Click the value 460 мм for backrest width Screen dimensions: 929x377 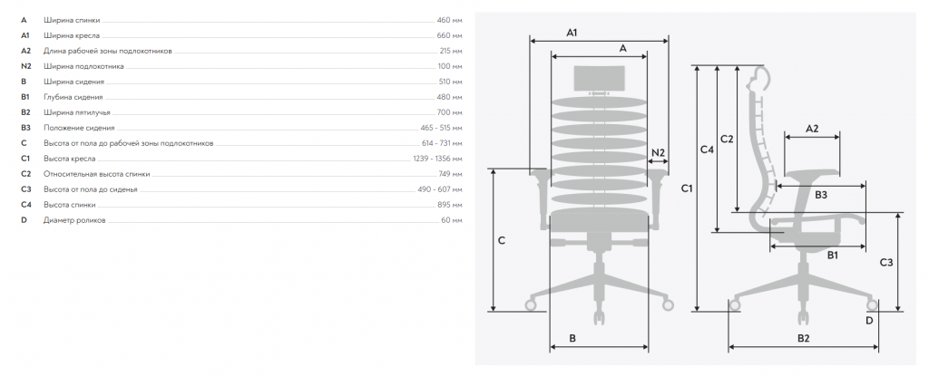pyautogui.click(x=449, y=20)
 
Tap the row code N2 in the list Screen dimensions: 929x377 pyautogui.click(x=25, y=66)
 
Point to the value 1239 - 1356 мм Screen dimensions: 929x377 pyautogui.click(x=437, y=159)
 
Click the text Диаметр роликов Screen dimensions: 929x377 pyautogui.click(x=74, y=220)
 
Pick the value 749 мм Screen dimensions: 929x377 pyautogui.click(x=450, y=174)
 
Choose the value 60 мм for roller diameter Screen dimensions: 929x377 pyautogui.click(x=452, y=220)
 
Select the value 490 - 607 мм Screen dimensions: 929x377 pyautogui.click(x=440, y=189)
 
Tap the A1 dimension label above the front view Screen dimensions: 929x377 pyautogui.click(x=572, y=34)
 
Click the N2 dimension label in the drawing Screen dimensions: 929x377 pyautogui.click(x=659, y=152)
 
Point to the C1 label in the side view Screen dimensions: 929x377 pyautogui.click(x=687, y=188)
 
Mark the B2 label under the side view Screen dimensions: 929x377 pyautogui.click(x=804, y=339)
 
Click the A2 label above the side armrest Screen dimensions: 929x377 pyautogui.click(x=812, y=129)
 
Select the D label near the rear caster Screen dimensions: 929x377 pyautogui.click(x=869, y=321)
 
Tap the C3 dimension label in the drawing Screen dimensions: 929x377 pyautogui.click(x=886, y=262)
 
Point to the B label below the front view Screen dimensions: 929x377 pyautogui.click(x=572, y=339)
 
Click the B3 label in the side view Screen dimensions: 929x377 pyautogui.click(x=820, y=195)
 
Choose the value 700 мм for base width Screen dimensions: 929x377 pyautogui.click(x=449, y=112)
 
